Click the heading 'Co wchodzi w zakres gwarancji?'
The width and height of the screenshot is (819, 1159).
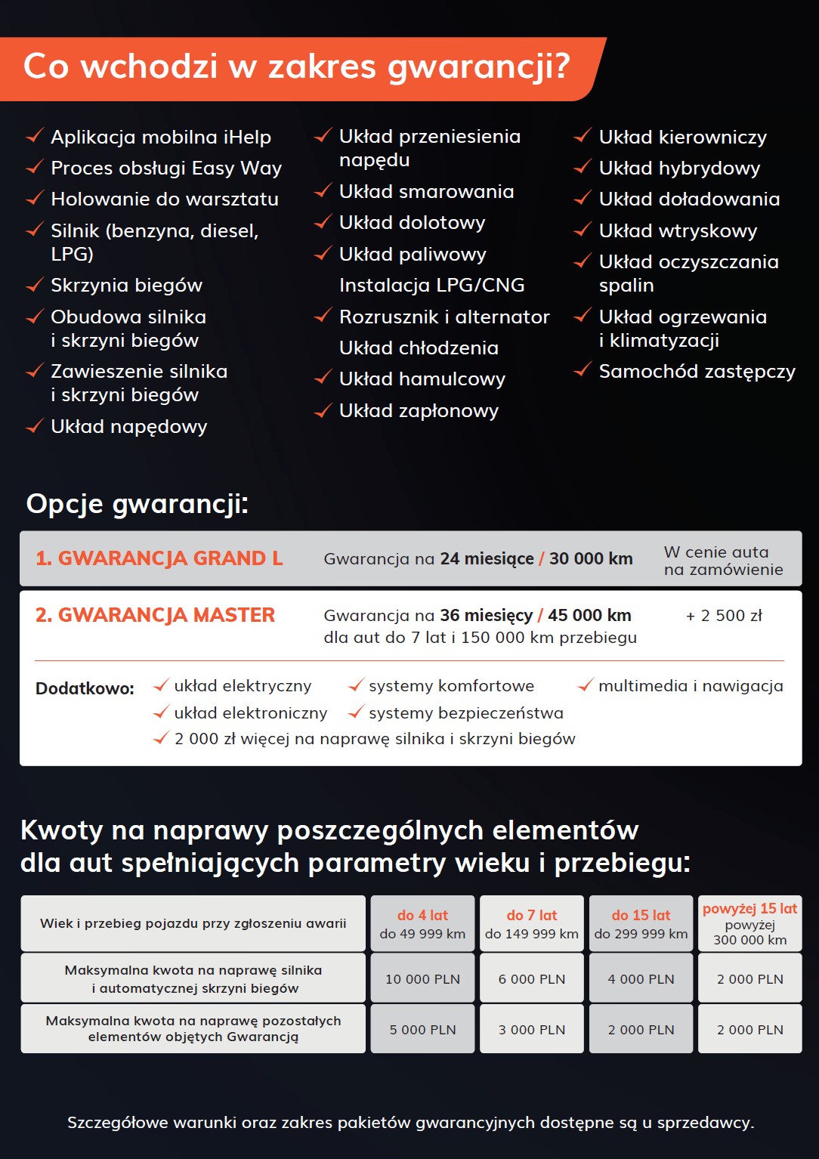[296, 67]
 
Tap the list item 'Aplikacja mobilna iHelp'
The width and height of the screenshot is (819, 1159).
[160, 138]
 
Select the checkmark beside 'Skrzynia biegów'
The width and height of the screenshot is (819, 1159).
[35, 285]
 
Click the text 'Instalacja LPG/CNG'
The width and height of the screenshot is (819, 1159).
[431, 286]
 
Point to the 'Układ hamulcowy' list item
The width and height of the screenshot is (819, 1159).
[422, 379]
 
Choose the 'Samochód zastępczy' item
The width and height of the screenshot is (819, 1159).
[697, 372]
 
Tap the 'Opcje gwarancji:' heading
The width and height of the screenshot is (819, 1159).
[138, 504]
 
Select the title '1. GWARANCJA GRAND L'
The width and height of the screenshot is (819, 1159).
[159, 558]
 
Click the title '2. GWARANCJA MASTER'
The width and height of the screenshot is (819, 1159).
[156, 615]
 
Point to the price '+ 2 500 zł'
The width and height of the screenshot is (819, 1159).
[724, 616]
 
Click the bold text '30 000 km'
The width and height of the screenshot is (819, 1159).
[591, 559]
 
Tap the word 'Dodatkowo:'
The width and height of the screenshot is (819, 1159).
[85, 688]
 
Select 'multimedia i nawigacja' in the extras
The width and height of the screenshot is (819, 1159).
[691, 686]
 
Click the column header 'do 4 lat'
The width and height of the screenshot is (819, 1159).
[422, 915]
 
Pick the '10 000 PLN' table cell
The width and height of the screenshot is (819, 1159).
[422, 979]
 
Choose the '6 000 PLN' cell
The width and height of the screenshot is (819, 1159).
[532, 979]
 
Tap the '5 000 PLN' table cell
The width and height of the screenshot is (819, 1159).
[422, 1030]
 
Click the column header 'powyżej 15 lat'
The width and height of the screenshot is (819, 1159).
[749, 909]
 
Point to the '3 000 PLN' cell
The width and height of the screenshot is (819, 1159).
[532, 1030]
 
